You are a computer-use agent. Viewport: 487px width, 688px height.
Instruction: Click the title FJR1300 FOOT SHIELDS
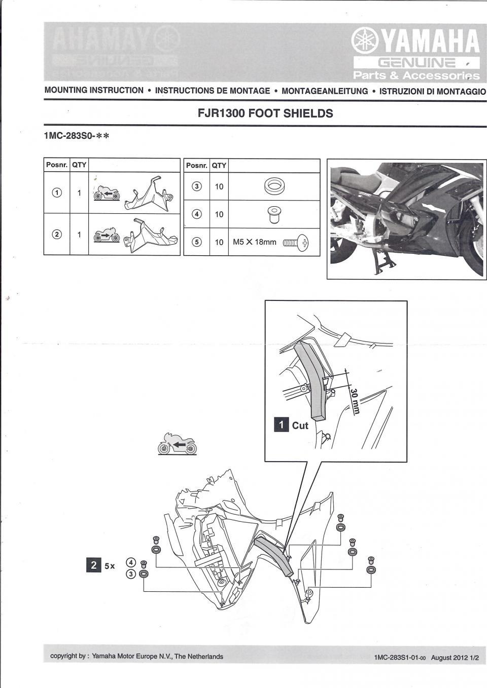click(x=265, y=113)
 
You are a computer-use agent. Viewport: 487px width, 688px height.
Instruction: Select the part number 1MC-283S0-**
click(x=77, y=136)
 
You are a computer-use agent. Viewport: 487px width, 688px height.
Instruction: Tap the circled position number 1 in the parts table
click(x=57, y=193)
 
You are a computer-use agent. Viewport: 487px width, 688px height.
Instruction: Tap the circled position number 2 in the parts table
click(x=57, y=234)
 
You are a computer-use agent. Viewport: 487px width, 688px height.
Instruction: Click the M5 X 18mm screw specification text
click(x=254, y=242)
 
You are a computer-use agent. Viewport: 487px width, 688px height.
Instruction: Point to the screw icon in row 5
click(x=295, y=243)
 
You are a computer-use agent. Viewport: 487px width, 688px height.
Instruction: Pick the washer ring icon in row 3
click(x=274, y=186)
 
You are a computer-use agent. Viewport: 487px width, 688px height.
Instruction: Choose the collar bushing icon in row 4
click(x=274, y=214)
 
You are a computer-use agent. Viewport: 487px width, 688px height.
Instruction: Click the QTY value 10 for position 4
click(x=219, y=214)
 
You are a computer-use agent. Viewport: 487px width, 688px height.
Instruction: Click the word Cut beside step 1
click(x=300, y=426)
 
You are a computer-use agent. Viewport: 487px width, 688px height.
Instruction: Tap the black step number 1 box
click(x=282, y=425)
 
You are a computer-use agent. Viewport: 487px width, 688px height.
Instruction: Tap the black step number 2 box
click(x=93, y=565)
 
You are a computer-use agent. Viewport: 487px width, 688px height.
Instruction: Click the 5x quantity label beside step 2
click(x=110, y=566)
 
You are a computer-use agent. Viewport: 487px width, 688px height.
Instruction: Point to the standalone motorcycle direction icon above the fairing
click(x=177, y=444)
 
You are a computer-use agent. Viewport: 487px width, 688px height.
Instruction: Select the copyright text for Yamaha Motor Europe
click(x=136, y=657)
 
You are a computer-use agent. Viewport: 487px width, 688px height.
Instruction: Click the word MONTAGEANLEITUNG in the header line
click(x=325, y=91)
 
